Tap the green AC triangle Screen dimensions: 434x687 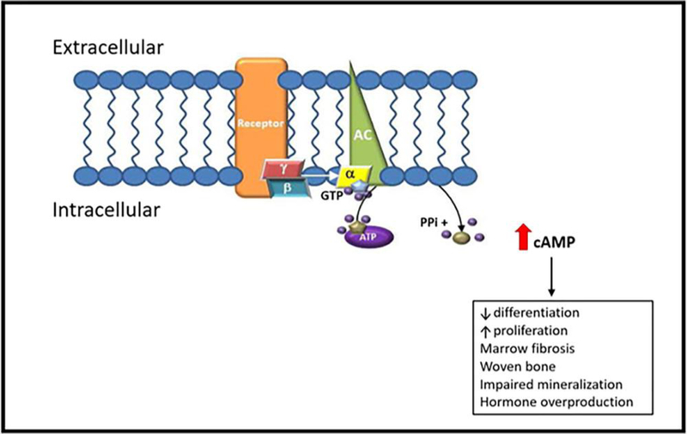click(x=366, y=129)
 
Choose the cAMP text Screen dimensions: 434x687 click(x=557, y=245)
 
